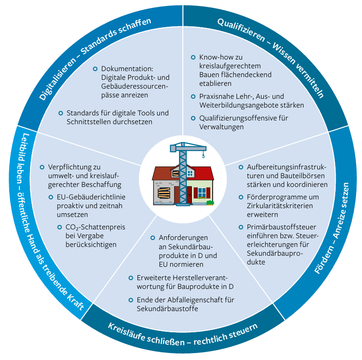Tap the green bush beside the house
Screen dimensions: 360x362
coord(210,202)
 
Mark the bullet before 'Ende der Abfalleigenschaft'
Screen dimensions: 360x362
coord(131,300)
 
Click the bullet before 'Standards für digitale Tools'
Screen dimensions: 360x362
coord(60,113)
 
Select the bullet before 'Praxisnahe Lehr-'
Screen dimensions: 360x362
coord(193,96)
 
